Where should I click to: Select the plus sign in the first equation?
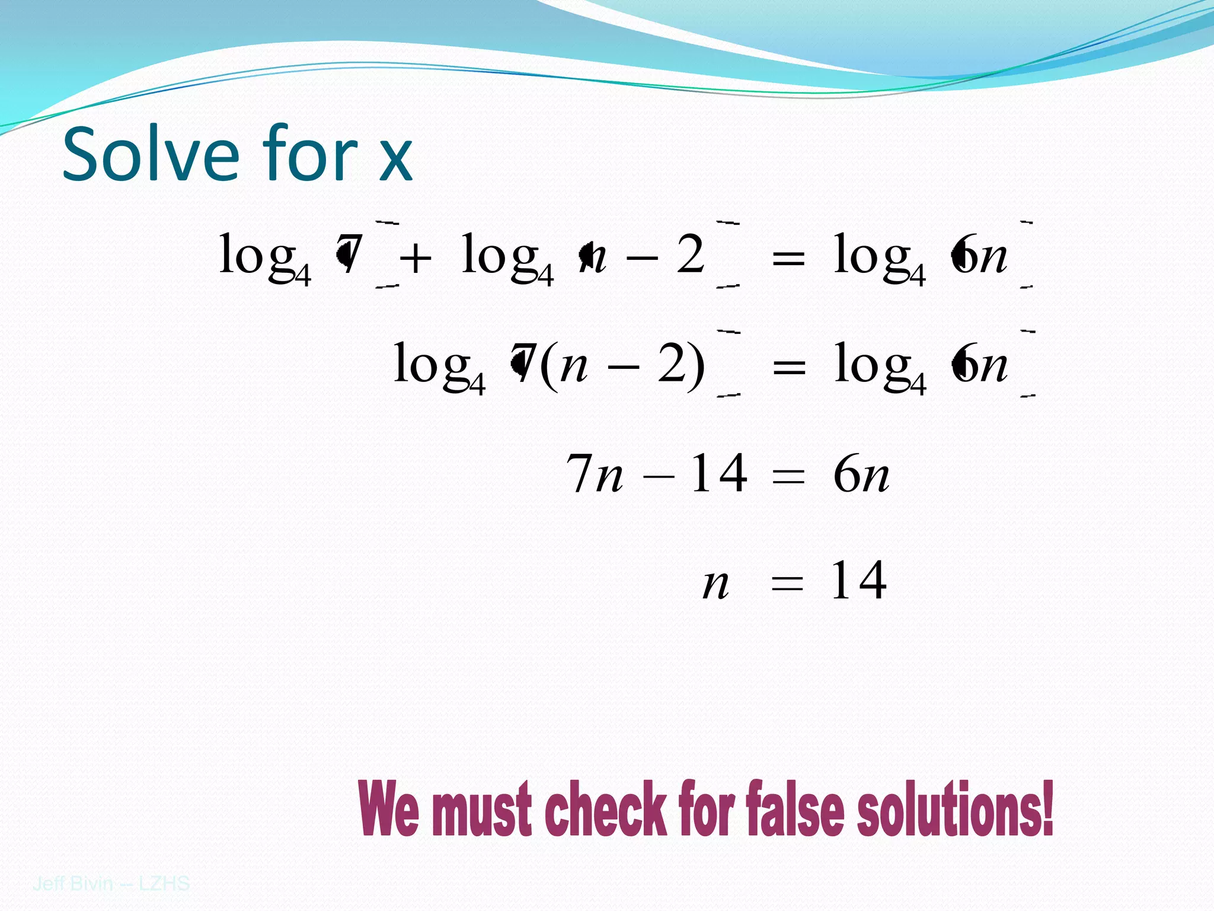click(x=416, y=259)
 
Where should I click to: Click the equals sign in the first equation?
click(x=788, y=260)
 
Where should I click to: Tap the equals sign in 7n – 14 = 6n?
click(x=788, y=476)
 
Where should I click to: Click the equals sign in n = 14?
click(x=787, y=584)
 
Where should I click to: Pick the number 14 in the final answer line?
click(x=858, y=581)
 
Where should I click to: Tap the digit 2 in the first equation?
click(x=690, y=254)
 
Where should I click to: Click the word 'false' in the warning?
click(x=795, y=808)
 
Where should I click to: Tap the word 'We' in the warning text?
click(x=389, y=808)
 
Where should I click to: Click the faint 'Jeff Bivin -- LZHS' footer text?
click(x=111, y=884)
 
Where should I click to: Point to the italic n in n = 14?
click(x=715, y=584)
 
